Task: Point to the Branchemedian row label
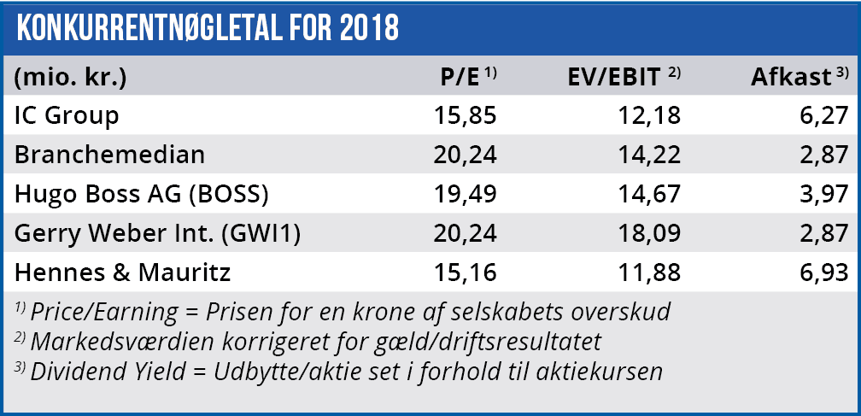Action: [x=110, y=155]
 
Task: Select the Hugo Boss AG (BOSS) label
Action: [x=142, y=194]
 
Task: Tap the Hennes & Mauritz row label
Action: [x=124, y=273]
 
